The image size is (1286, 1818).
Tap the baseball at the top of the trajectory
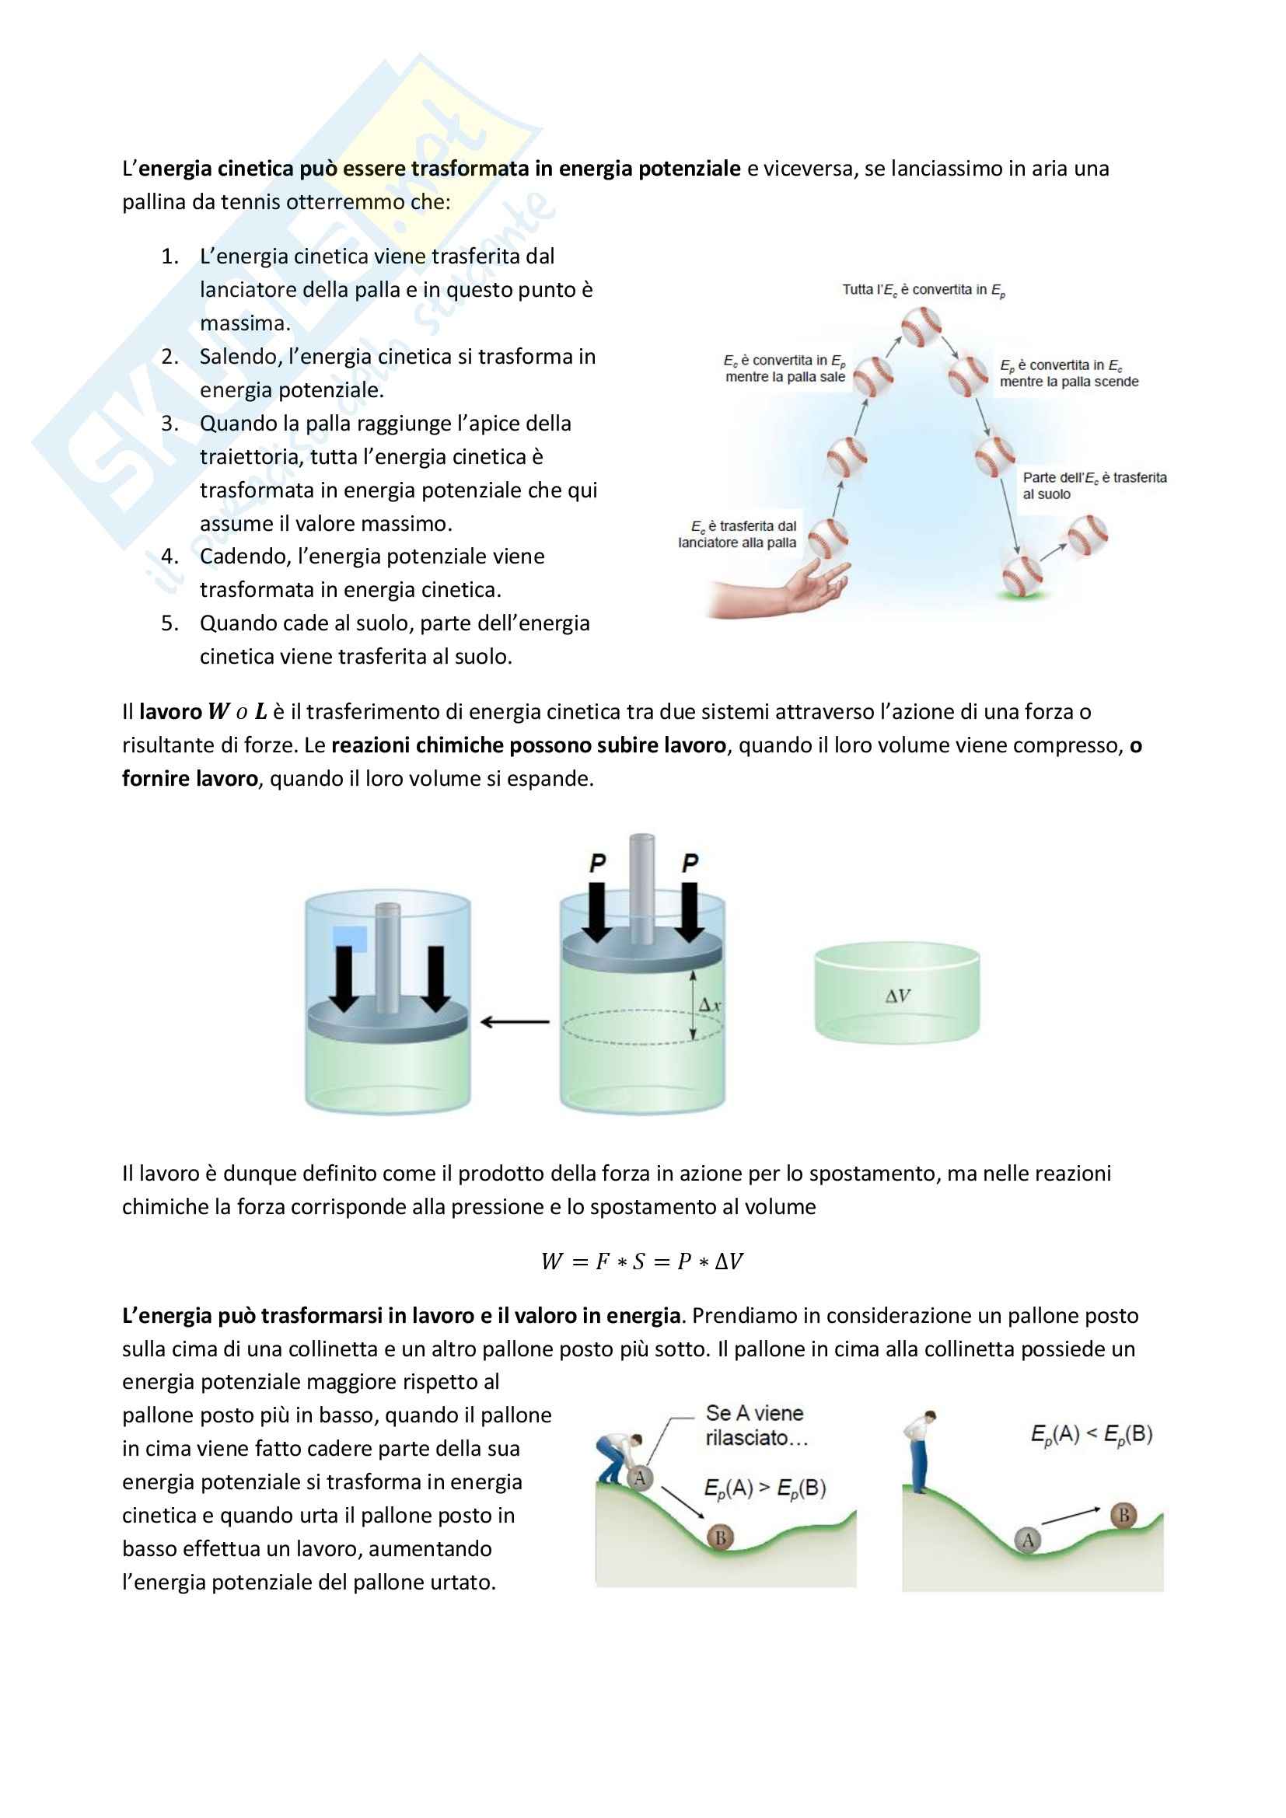pos(921,327)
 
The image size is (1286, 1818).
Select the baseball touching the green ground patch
pos(1022,574)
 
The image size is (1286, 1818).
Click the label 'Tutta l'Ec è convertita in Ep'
pos(924,291)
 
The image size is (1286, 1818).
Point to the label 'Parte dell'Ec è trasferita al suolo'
pos(1094,485)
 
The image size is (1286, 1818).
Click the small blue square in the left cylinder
pos(350,938)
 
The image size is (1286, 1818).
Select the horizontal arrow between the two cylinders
pos(515,1021)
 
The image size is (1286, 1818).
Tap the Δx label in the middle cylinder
pos(710,1006)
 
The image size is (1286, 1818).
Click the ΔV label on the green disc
pos(897,996)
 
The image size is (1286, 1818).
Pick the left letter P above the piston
pos(598,862)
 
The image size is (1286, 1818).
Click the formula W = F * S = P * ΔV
pos(642,1261)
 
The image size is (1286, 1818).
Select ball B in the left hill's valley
pos(720,1537)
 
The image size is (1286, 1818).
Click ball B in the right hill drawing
pos(1123,1515)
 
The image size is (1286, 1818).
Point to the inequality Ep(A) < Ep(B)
pos(1091,1434)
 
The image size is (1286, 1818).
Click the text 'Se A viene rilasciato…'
pos(756,1425)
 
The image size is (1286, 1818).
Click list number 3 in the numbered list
pos(169,424)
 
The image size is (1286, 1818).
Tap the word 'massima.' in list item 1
pos(245,323)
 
